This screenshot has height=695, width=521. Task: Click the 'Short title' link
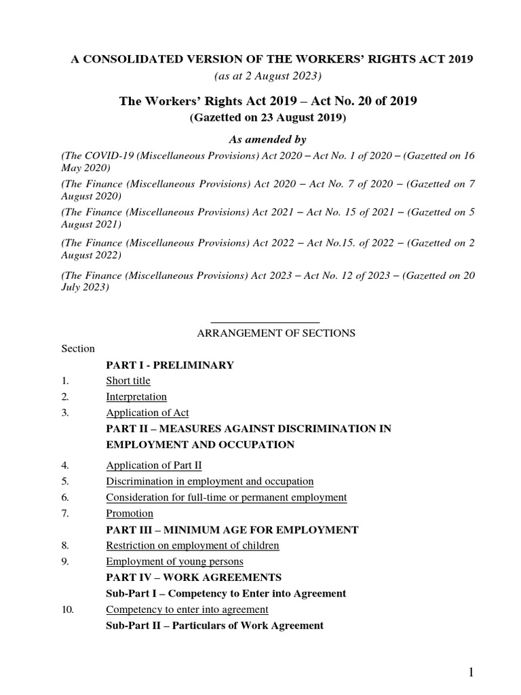pyautogui.click(x=128, y=381)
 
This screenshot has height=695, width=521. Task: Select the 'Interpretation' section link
pyautogui.click(x=136, y=396)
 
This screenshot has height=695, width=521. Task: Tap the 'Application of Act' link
pyautogui.click(x=147, y=413)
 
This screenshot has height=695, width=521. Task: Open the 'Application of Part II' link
pyautogui.click(x=154, y=465)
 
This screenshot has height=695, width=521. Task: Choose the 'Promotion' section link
pyautogui.click(x=130, y=513)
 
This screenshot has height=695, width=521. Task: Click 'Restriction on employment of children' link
pyautogui.click(x=193, y=545)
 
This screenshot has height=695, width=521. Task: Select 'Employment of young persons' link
pyautogui.click(x=174, y=561)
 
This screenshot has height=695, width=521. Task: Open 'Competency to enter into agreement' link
pyautogui.click(x=187, y=609)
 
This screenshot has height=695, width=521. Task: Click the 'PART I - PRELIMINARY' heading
pyautogui.click(x=170, y=365)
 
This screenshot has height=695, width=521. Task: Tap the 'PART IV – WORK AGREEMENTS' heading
pyautogui.click(x=193, y=577)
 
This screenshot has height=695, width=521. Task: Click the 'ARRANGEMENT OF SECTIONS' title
pyautogui.click(x=275, y=333)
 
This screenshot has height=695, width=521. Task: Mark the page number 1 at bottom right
pyautogui.click(x=471, y=673)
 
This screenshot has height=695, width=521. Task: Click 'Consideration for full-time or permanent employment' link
pyautogui.click(x=226, y=497)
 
